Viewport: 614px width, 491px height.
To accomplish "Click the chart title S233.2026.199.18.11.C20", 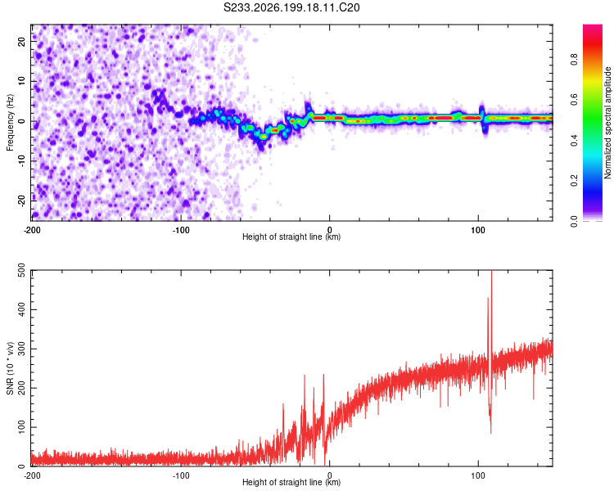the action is pyautogui.click(x=291, y=7).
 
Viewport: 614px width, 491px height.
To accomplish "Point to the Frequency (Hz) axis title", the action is pyautogui.click(x=10, y=123).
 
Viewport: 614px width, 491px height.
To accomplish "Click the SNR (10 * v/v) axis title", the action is pyautogui.click(x=10, y=368).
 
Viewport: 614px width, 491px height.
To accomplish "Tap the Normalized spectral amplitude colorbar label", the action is pyautogui.click(x=607, y=123).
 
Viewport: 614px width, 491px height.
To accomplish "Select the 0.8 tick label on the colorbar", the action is pyautogui.click(x=574, y=60).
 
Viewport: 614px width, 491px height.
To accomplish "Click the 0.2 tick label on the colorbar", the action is pyautogui.click(x=574, y=181).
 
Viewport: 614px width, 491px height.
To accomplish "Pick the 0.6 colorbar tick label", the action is pyautogui.click(x=574, y=100).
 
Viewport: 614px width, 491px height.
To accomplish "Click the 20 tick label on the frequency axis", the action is pyautogui.click(x=21, y=41).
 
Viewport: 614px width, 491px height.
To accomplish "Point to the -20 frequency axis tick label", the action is pyautogui.click(x=21, y=200).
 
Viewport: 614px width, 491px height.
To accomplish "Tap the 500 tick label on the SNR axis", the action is pyautogui.click(x=21, y=271).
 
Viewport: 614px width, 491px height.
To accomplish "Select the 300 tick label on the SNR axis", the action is pyautogui.click(x=21, y=349).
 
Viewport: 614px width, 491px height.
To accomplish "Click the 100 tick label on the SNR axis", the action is pyautogui.click(x=21, y=427).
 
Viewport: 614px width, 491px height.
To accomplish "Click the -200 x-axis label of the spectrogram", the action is pyautogui.click(x=32, y=230).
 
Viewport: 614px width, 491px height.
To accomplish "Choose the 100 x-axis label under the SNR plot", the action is pyautogui.click(x=478, y=475).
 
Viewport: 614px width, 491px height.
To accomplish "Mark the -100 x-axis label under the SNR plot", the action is pyautogui.click(x=181, y=475).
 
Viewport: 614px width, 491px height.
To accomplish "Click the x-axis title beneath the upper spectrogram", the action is pyautogui.click(x=291, y=236).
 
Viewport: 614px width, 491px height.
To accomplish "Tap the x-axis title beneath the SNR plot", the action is pyautogui.click(x=291, y=482).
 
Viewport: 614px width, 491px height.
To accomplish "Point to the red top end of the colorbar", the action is pyautogui.click(x=593, y=27).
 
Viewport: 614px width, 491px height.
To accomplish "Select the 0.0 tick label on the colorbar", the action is pyautogui.click(x=574, y=221).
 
